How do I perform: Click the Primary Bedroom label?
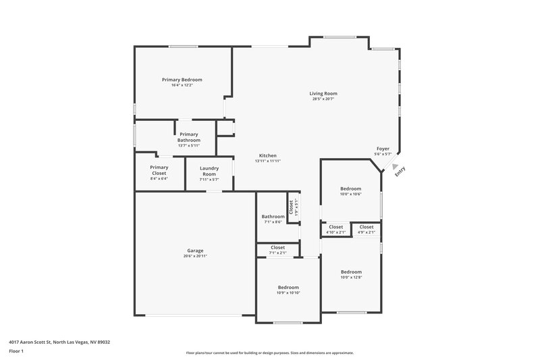(182, 80)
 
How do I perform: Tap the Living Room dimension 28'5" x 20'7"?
(323, 99)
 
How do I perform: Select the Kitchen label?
(267, 155)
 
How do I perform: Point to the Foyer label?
(382, 148)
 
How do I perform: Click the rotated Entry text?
(400, 172)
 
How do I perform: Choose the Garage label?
(195, 251)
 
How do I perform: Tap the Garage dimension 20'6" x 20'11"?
(195, 256)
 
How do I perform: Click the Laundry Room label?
(208, 171)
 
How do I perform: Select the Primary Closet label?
(159, 170)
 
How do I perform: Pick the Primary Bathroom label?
(189, 137)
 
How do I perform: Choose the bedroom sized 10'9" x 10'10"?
(288, 290)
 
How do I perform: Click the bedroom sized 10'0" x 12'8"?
(351, 274)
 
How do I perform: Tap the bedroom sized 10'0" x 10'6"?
(350, 191)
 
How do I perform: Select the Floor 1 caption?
(16, 351)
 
